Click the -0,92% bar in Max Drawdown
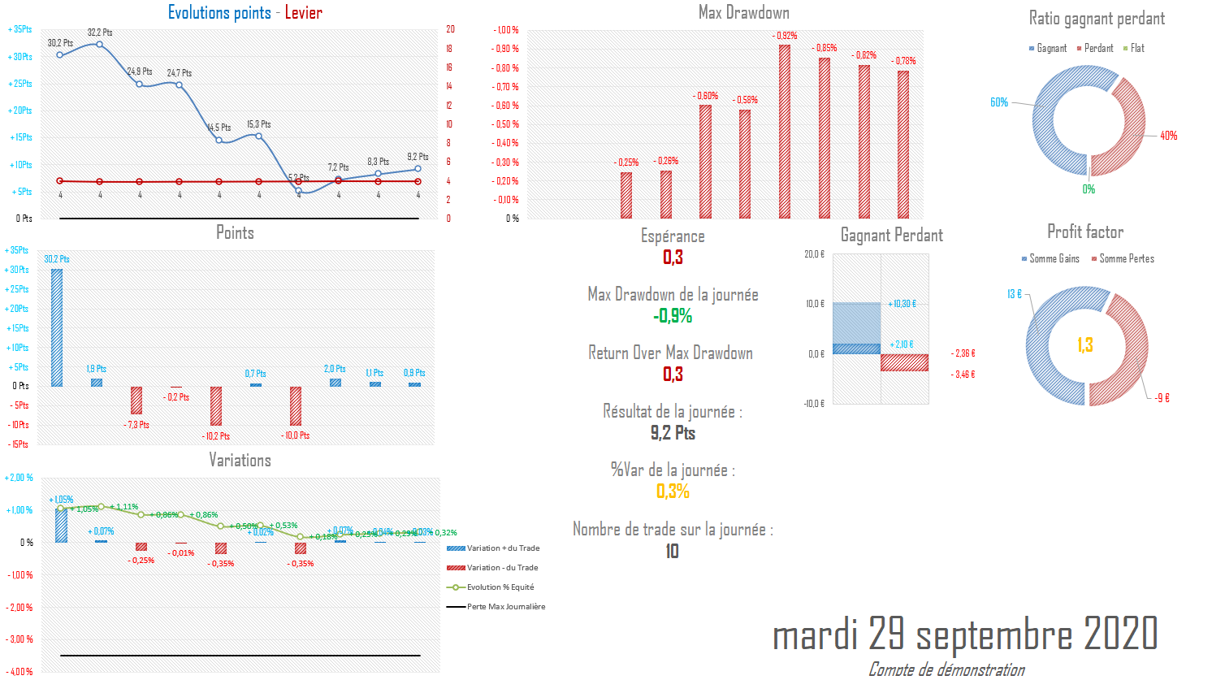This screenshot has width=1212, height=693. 785,132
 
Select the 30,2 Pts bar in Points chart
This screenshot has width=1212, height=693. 57,327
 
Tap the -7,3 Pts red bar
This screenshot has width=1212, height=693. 136,400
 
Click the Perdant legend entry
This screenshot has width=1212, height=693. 1098,49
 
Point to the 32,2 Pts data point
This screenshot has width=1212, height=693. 100,44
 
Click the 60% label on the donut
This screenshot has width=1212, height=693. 998,102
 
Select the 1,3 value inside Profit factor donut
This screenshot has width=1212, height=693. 1085,345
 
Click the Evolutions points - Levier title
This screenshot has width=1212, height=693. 245,13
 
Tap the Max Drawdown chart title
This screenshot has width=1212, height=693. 743,13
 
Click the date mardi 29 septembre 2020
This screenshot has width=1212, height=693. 964,634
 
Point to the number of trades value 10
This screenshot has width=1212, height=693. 672,552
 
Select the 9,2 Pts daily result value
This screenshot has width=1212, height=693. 673,433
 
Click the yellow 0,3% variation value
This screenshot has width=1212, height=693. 673,492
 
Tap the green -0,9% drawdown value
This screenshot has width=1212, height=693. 673,316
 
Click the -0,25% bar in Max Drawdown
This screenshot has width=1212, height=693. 626,195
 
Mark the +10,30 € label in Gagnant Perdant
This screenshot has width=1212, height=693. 902,304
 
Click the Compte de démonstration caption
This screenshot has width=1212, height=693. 946,670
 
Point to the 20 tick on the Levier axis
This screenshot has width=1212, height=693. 450,29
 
